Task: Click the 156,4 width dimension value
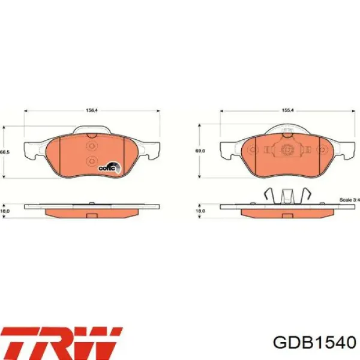coord(91,109)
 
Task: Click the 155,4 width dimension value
coord(287,109)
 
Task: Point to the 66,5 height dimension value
coord(4,152)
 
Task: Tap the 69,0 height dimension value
coord(200,151)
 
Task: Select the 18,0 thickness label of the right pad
coord(200,211)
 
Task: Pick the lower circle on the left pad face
coord(91,160)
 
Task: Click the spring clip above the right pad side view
coord(287,196)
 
